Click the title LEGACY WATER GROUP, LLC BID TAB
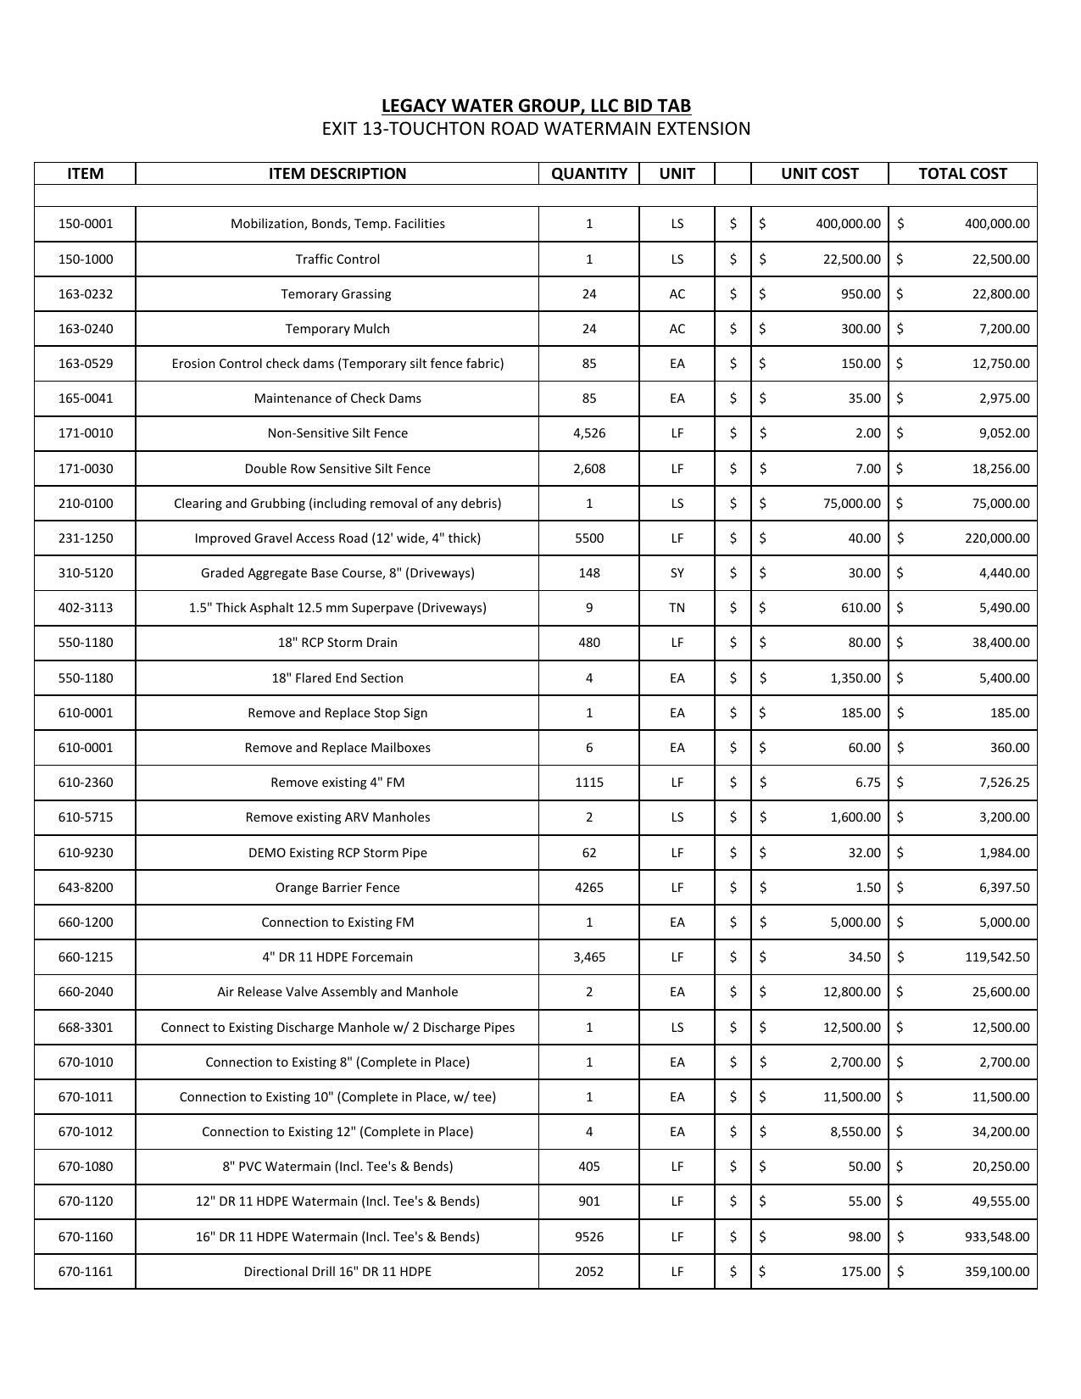click(536, 106)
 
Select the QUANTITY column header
click(589, 174)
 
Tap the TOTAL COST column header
click(962, 174)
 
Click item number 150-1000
click(85, 259)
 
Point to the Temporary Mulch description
click(337, 329)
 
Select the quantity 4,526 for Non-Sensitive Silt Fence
click(589, 433)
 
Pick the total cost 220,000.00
click(997, 538)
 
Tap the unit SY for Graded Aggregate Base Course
click(677, 573)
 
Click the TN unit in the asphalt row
click(677, 608)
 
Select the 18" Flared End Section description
click(337, 678)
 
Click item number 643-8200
click(85, 888)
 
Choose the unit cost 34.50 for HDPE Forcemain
click(864, 957)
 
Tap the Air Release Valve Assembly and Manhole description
click(337, 992)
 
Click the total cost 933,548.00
click(997, 1237)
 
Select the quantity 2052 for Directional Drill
click(589, 1272)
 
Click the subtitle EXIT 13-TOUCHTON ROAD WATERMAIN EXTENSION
click(536, 129)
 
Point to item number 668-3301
click(85, 1028)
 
